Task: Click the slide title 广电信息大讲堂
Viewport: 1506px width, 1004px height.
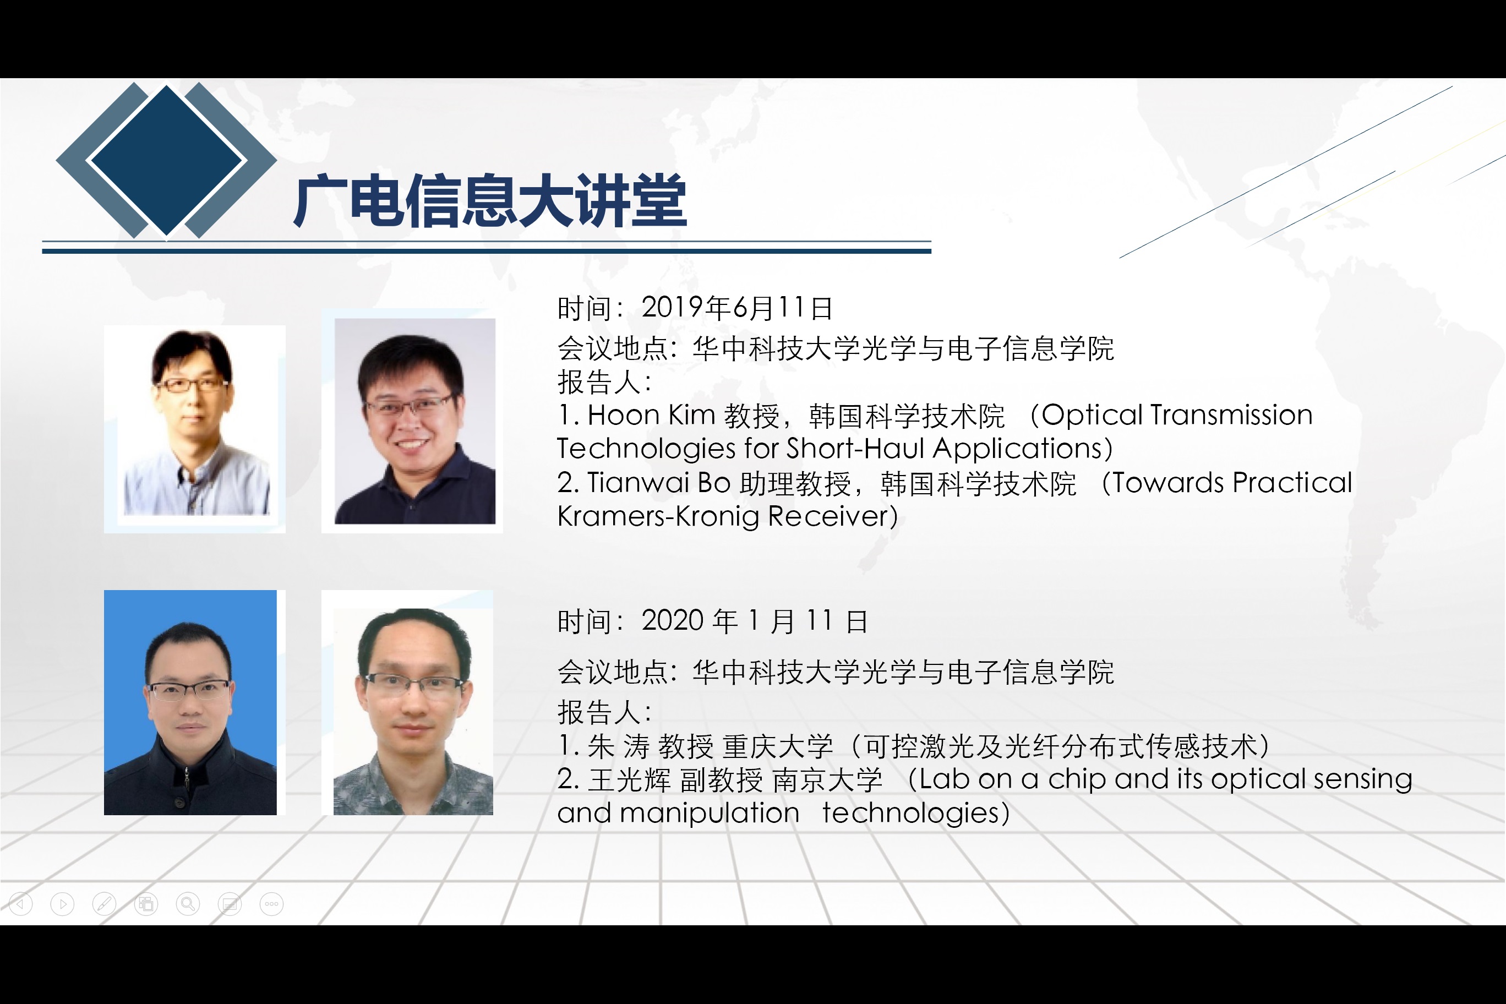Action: click(x=490, y=201)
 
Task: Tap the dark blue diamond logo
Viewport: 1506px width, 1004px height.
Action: click(x=166, y=160)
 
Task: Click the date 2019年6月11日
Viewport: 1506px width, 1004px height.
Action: click(x=737, y=308)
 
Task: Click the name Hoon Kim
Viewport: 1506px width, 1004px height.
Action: click(x=651, y=415)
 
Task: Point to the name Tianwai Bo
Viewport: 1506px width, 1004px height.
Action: click(x=659, y=483)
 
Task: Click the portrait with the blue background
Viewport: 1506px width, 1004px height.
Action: click(x=190, y=702)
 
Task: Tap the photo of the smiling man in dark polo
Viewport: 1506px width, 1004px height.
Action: click(x=415, y=421)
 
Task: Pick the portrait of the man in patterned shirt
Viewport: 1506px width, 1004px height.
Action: click(x=413, y=711)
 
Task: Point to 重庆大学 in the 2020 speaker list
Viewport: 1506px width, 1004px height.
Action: click(x=778, y=746)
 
